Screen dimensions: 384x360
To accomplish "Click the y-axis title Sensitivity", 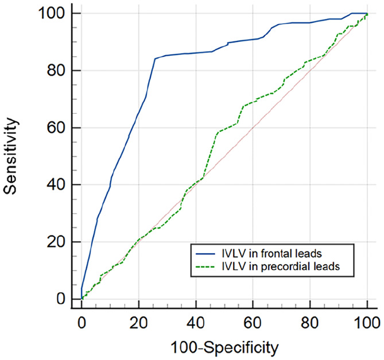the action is click(11, 156).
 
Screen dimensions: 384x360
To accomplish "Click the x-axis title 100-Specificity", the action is click(224, 348).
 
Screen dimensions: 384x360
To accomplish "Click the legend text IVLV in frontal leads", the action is click(272, 254).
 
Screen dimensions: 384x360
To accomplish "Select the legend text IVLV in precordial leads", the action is click(281, 266).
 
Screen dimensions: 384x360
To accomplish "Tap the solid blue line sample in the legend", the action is click(205, 254).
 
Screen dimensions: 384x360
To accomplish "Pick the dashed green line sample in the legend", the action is click(205, 266).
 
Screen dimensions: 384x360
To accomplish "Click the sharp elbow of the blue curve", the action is click(155, 59).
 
